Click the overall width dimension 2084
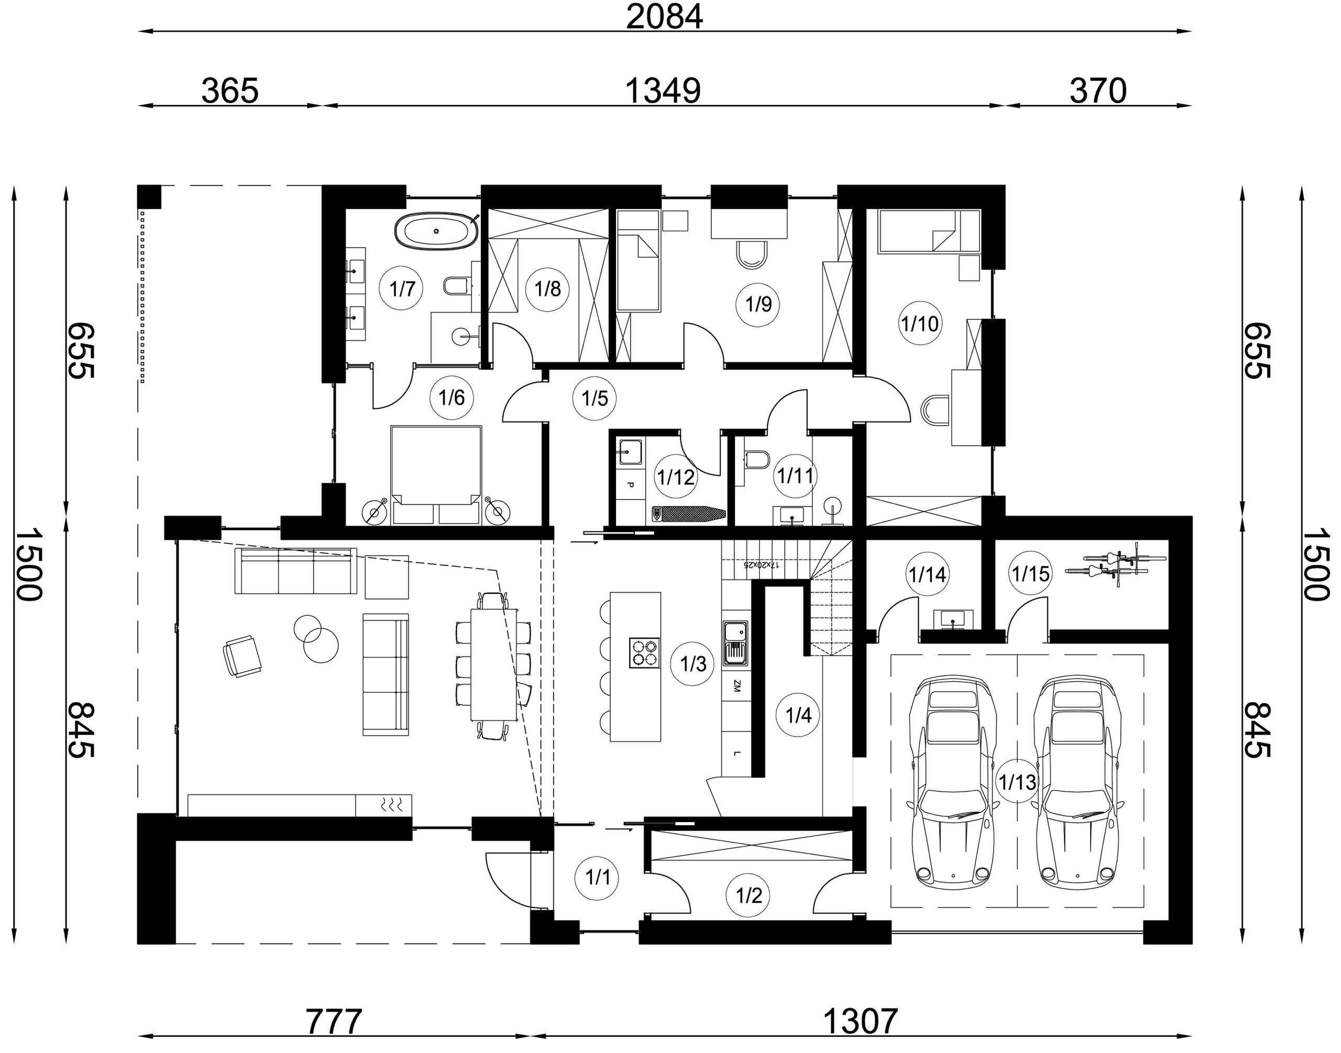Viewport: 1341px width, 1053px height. pos(664,17)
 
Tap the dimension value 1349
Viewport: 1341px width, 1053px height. pos(663,91)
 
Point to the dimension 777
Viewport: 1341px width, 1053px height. pos(334,1022)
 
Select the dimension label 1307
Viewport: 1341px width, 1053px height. pos(861,1022)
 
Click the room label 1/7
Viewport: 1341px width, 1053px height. pos(402,288)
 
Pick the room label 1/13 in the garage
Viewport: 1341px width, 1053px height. pos(1017,782)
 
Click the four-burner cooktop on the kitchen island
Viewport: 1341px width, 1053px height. pos(644,653)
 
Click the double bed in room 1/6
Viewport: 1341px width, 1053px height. pos(436,475)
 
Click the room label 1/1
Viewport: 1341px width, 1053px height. pos(597,877)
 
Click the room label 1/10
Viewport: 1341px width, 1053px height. pos(920,323)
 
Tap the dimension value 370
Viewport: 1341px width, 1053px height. pos(1098,91)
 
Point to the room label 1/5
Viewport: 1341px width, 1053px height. pos(595,398)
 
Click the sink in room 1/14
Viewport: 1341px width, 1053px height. pos(953,619)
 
